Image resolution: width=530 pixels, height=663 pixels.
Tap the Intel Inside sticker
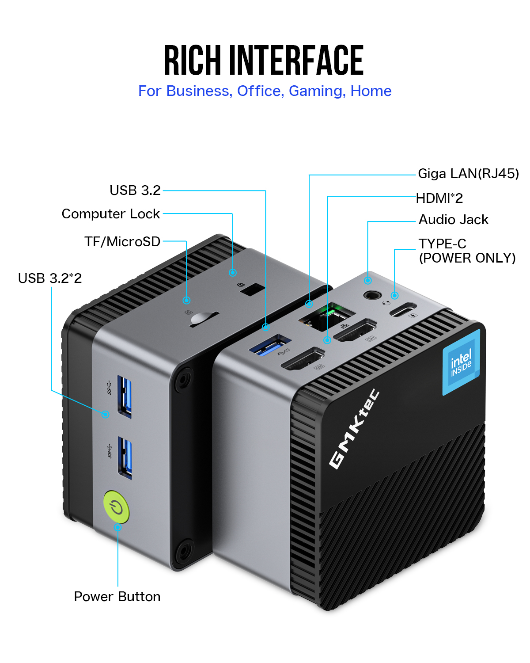click(x=461, y=362)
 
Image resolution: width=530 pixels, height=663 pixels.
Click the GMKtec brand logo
click(x=354, y=429)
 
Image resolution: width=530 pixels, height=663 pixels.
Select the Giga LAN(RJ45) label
click(x=468, y=174)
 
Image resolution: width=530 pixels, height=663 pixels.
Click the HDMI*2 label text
click(x=439, y=198)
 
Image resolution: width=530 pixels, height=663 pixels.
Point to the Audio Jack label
click(x=453, y=220)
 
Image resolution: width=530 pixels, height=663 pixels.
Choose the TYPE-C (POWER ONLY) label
click(x=467, y=251)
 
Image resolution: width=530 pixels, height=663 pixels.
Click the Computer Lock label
click(x=110, y=214)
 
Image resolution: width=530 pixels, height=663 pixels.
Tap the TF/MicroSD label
click(x=122, y=242)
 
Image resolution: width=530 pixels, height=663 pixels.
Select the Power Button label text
click(x=117, y=597)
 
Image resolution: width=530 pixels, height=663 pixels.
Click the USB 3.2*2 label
click(x=50, y=278)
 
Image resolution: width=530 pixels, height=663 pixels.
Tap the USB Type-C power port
click(x=402, y=309)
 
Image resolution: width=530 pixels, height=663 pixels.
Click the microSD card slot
click(x=204, y=319)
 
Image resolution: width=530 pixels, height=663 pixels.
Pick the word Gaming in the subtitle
click(x=316, y=91)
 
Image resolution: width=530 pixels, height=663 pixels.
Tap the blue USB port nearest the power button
click(x=125, y=457)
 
